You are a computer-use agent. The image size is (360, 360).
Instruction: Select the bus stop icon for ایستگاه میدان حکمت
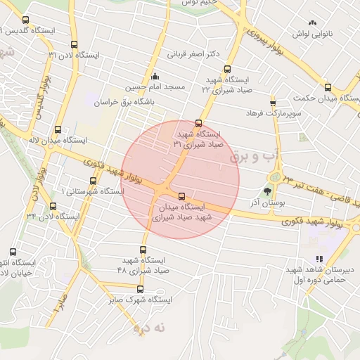(328, 88)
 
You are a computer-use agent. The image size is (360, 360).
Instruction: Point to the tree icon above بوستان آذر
(267, 191)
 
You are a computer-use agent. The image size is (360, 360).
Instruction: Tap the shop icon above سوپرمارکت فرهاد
(273, 103)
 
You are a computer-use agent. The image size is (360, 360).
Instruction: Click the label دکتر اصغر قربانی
(194, 53)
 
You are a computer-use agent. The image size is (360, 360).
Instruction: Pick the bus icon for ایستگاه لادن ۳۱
(74, 45)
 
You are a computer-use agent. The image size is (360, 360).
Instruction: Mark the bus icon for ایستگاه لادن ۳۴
(53, 206)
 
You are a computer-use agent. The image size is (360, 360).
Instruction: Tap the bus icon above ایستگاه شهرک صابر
(140, 289)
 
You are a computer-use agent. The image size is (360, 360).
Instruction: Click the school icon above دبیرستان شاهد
(320, 259)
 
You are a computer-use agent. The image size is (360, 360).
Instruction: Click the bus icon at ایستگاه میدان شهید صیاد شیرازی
(182, 196)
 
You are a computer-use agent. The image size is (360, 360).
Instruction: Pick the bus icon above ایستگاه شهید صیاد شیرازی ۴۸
(143, 249)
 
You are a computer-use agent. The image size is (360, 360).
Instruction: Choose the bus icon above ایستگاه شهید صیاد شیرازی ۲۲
(227, 69)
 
